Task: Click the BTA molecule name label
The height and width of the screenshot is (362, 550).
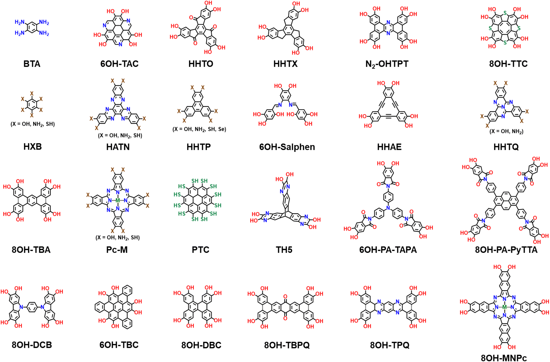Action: point(32,64)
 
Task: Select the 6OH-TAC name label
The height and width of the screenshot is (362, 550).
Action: point(119,64)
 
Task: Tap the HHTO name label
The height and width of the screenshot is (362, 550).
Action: point(201,64)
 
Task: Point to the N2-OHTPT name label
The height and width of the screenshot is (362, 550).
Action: point(387,64)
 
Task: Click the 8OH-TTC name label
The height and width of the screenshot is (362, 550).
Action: point(508,64)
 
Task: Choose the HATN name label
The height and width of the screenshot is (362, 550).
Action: point(118,147)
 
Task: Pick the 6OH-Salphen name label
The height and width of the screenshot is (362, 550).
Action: point(287,147)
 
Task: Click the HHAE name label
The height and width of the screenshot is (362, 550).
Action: point(389,147)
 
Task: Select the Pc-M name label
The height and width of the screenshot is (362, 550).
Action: point(117,250)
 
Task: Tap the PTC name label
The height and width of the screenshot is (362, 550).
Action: point(201,250)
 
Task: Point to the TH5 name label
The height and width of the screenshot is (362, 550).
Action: point(284,250)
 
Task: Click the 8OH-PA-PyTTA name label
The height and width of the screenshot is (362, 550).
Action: point(506,250)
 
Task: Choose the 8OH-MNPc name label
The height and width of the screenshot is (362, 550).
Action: point(504,358)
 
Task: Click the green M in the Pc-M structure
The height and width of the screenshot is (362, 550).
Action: point(118,201)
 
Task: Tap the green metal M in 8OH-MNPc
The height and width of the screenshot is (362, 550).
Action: point(505,307)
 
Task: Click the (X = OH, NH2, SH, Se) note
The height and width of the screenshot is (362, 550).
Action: point(199,129)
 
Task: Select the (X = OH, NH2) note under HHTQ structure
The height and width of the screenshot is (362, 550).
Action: point(506,131)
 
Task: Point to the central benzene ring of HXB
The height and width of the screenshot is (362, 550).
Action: point(32,104)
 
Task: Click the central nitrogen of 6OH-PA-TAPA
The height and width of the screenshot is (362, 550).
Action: point(388,208)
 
